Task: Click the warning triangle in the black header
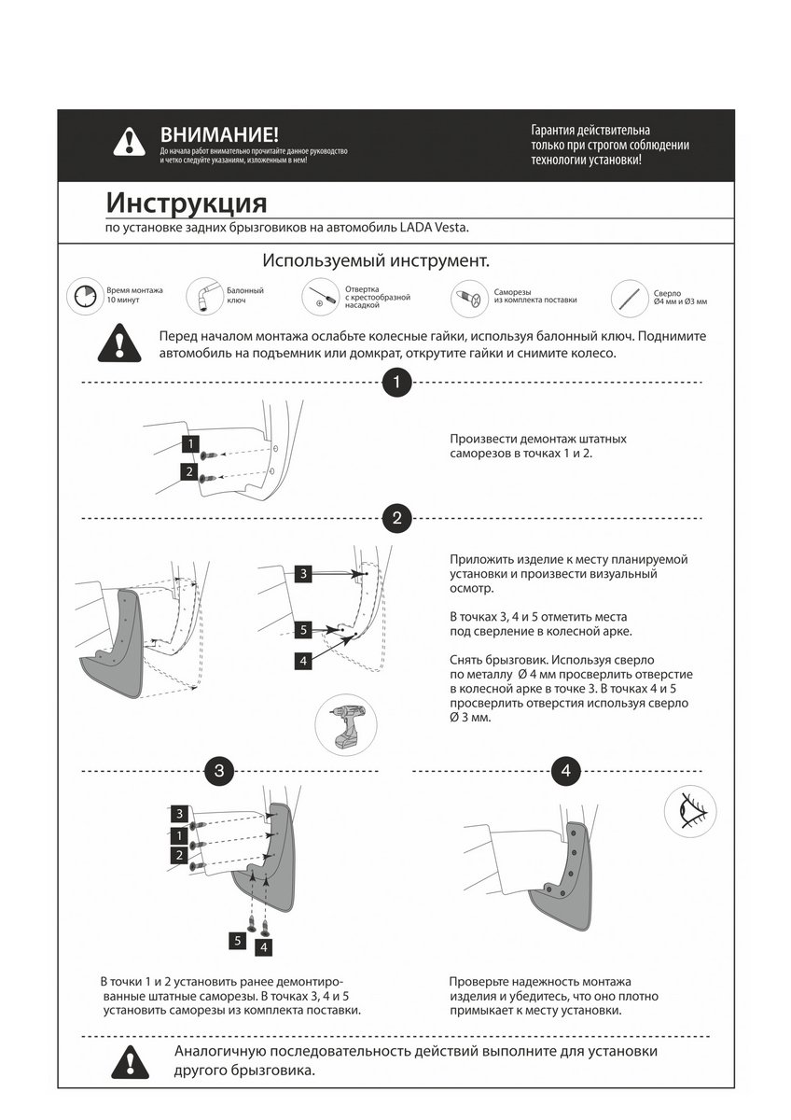coord(129,141)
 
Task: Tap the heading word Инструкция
coord(186,203)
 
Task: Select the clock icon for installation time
coord(82,296)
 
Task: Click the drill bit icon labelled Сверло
coord(628,298)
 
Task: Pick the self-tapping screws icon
coord(468,299)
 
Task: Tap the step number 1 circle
coord(397,383)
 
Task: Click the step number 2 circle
coord(397,518)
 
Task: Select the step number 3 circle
coord(218,771)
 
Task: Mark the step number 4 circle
coord(565,771)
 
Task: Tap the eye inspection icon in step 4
coord(690,809)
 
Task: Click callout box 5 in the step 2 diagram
coord(303,630)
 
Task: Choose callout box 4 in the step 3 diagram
coord(265,947)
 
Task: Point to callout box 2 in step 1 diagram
coord(188,472)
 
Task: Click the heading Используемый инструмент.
coord(376,259)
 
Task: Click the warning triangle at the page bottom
coord(129,1061)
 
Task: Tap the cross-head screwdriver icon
coord(321,298)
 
